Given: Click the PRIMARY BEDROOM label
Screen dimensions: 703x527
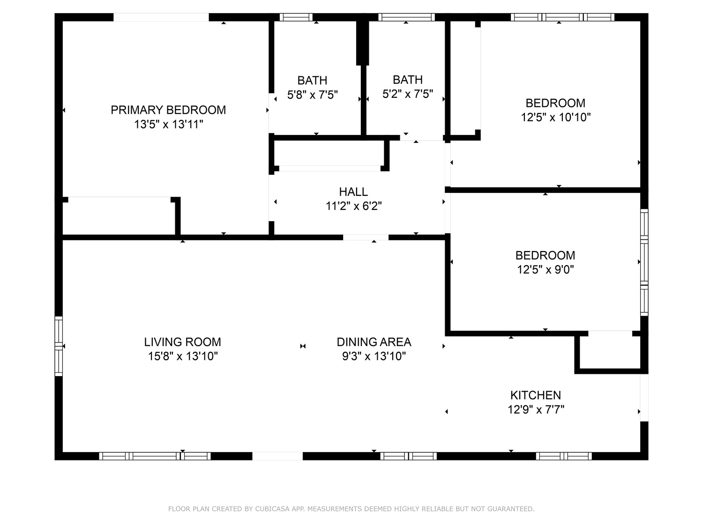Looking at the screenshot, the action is tap(168, 110).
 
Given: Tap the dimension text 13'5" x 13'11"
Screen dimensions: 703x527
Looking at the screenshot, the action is tap(168, 124).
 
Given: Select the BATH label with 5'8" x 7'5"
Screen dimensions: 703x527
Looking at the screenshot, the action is tap(312, 80).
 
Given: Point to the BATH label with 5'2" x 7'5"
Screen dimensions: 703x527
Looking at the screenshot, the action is tap(408, 80).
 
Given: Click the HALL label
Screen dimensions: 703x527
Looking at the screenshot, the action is tap(353, 192).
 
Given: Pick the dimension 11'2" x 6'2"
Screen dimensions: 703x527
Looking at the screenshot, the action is tap(353, 206).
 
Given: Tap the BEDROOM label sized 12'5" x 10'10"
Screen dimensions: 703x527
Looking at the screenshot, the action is tap(555, 103).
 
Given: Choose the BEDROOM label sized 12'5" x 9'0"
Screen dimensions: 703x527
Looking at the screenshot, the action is tap(545, 255).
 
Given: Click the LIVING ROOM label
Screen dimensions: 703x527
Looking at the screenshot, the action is tap(183, 342).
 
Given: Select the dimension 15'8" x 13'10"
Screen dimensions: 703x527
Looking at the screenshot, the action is tap(183, 356).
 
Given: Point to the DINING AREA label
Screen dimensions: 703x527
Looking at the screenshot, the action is tap(374, 342).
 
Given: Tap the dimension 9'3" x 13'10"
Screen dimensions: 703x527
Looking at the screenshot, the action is tap(374, 356).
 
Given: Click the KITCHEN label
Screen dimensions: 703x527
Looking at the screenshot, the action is tap(536, 395).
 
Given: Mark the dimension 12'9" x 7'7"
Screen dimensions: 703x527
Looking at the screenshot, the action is tap(536, 409).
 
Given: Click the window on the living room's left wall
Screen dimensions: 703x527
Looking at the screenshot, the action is tap(59, 346).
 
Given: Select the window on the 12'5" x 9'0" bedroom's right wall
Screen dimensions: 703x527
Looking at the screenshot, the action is tap(644, 262).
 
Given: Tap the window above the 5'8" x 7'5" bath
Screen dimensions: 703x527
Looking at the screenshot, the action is tap(296, 17).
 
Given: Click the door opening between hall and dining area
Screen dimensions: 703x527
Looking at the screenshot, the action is tap(366, 238).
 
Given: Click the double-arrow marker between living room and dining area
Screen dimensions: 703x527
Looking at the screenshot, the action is tap(303, 346).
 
